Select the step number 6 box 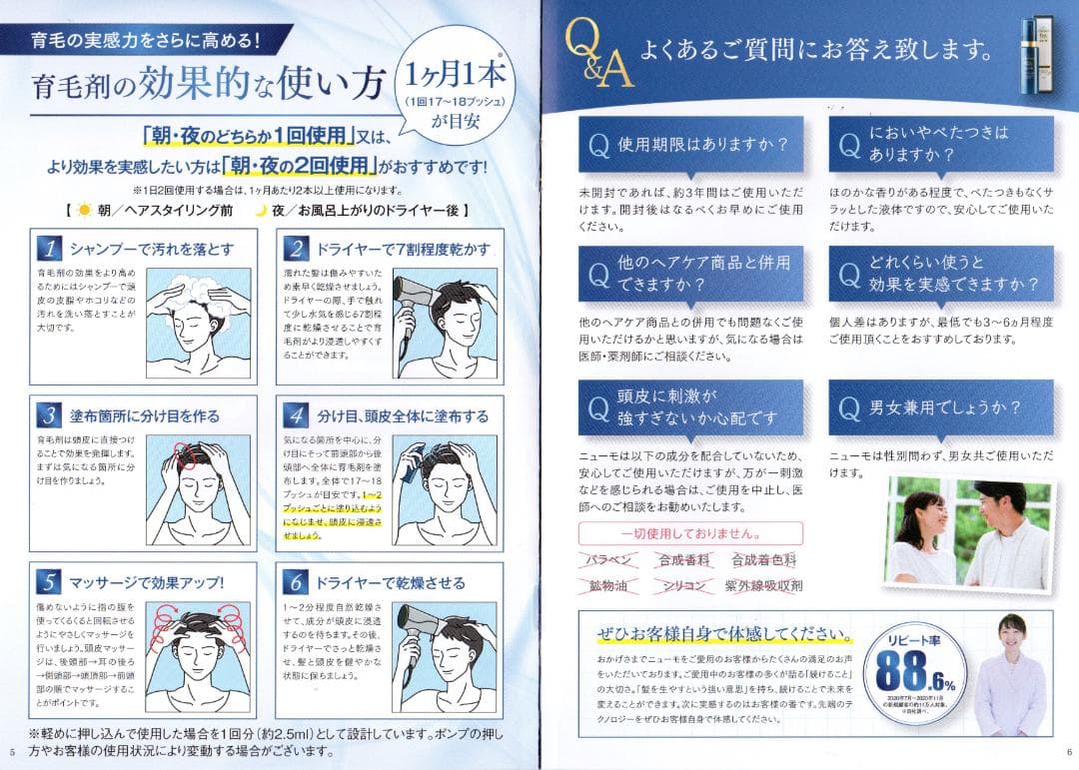click(x=297, y=582)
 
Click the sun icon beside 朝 click(x=84, y=211)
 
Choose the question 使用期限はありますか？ click(x=689, y=144)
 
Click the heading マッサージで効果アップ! click(x=146, y=582)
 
